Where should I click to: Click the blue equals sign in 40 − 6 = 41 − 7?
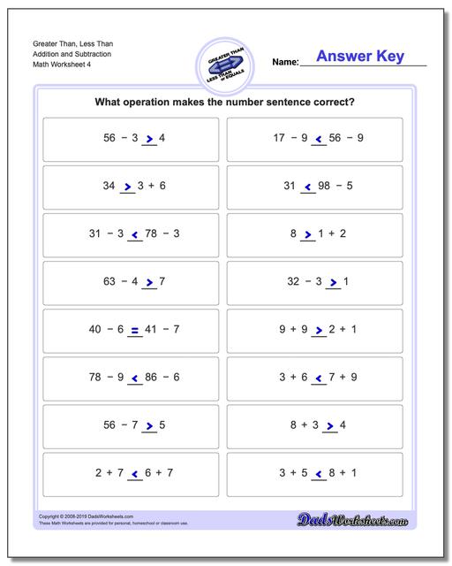click(x=135, y=330)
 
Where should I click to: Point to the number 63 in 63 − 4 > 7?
click(x=112, y=282)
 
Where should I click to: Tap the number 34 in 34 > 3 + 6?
click(x=109, y=187)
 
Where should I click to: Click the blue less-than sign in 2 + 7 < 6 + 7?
click(x=136, y=473)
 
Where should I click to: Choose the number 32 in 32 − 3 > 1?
click(x=295, y=282)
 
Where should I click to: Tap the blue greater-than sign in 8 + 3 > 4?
click(x=332, y=425)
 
